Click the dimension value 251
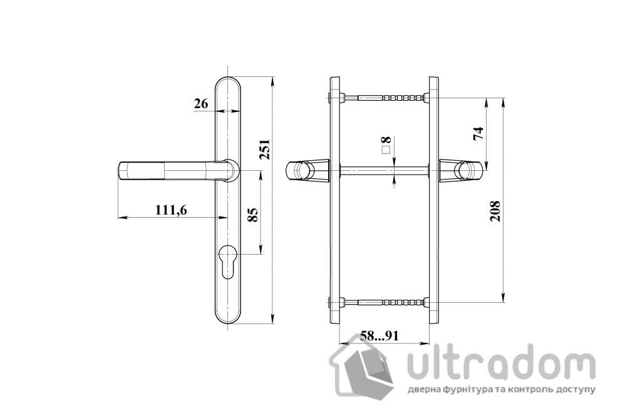click(265, 148)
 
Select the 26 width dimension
click(200, 104)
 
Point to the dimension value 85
click(252, 215)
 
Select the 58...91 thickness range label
click(380, 336)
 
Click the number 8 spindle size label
click(386, 140)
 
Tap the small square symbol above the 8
click(386, 150)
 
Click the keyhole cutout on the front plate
click(228, 261)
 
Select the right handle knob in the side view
click(460, 170)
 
